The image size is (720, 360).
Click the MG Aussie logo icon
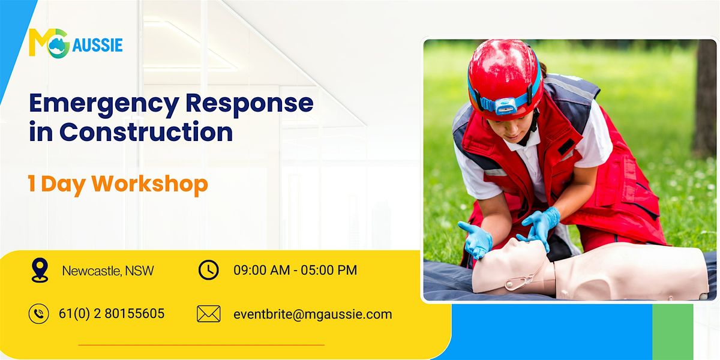click(x=49, y=43)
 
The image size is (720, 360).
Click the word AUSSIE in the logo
click(x=97, y=44)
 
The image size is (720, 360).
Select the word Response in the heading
click(x=249, y=104)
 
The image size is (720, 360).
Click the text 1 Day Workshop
click(x=118, y=184)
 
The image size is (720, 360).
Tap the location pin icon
click(x=39, y=271)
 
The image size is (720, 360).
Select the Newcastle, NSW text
click(x=108, y=271)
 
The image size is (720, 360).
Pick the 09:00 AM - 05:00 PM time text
click(x=295, y=271)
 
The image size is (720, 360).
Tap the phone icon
click(x=39, y=314)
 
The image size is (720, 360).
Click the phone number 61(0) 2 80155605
click(x=112, y=314)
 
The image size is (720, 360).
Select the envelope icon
click(x=208, y=314)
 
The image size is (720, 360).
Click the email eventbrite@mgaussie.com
click(x=313, y=314)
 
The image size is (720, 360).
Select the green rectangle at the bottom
click(x=672, y=331)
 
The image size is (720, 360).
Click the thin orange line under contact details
click(x=201, y=345)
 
